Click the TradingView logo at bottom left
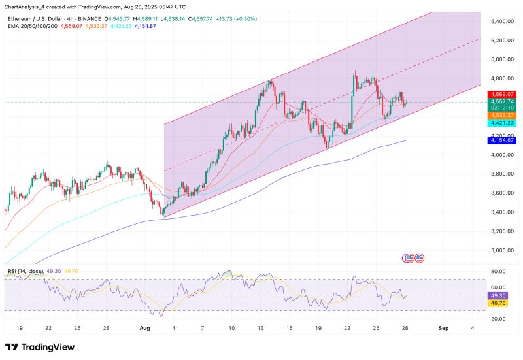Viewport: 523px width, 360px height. pyautogui.click(x=39, y=346)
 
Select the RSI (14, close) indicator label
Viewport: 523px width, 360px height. pyautogui.click(x=27, y=270)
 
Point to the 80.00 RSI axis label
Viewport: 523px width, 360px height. pyautogui.click(x=500, y=271)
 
